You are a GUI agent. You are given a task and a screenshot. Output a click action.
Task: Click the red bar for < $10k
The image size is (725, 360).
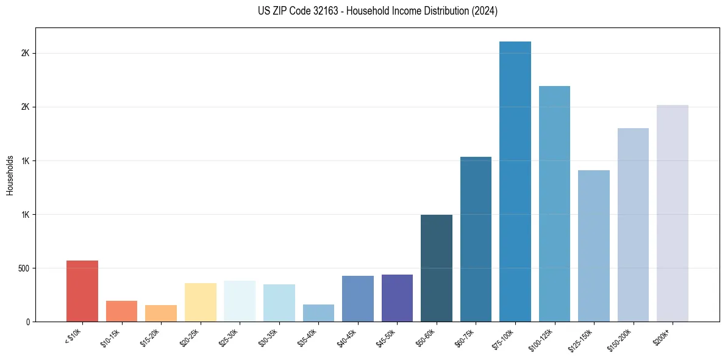coord(82,291)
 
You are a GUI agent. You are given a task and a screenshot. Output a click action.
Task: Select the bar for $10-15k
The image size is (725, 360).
coord(121,311)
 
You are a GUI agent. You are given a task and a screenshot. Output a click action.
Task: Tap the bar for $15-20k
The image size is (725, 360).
coord(161,313)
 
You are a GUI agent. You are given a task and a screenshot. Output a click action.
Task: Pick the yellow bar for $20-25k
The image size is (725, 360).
coord(201,302)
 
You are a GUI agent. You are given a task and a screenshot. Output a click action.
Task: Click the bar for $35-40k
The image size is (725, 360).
coord(318,313)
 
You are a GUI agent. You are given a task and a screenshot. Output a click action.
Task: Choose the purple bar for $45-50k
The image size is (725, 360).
coord(397,298)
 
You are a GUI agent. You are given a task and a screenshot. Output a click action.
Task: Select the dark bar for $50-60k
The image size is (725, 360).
coord(437,268)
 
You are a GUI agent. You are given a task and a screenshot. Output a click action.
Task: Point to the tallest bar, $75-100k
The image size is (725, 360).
coord(515,182)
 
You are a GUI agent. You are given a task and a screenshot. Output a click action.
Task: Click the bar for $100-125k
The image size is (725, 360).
coord(554,204)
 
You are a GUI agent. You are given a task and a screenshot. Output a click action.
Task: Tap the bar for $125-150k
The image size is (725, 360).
coord(594,246)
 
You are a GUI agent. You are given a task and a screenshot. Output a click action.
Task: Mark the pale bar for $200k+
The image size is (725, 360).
coord(673,214)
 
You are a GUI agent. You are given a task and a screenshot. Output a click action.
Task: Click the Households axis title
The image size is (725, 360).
coord(10,175)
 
